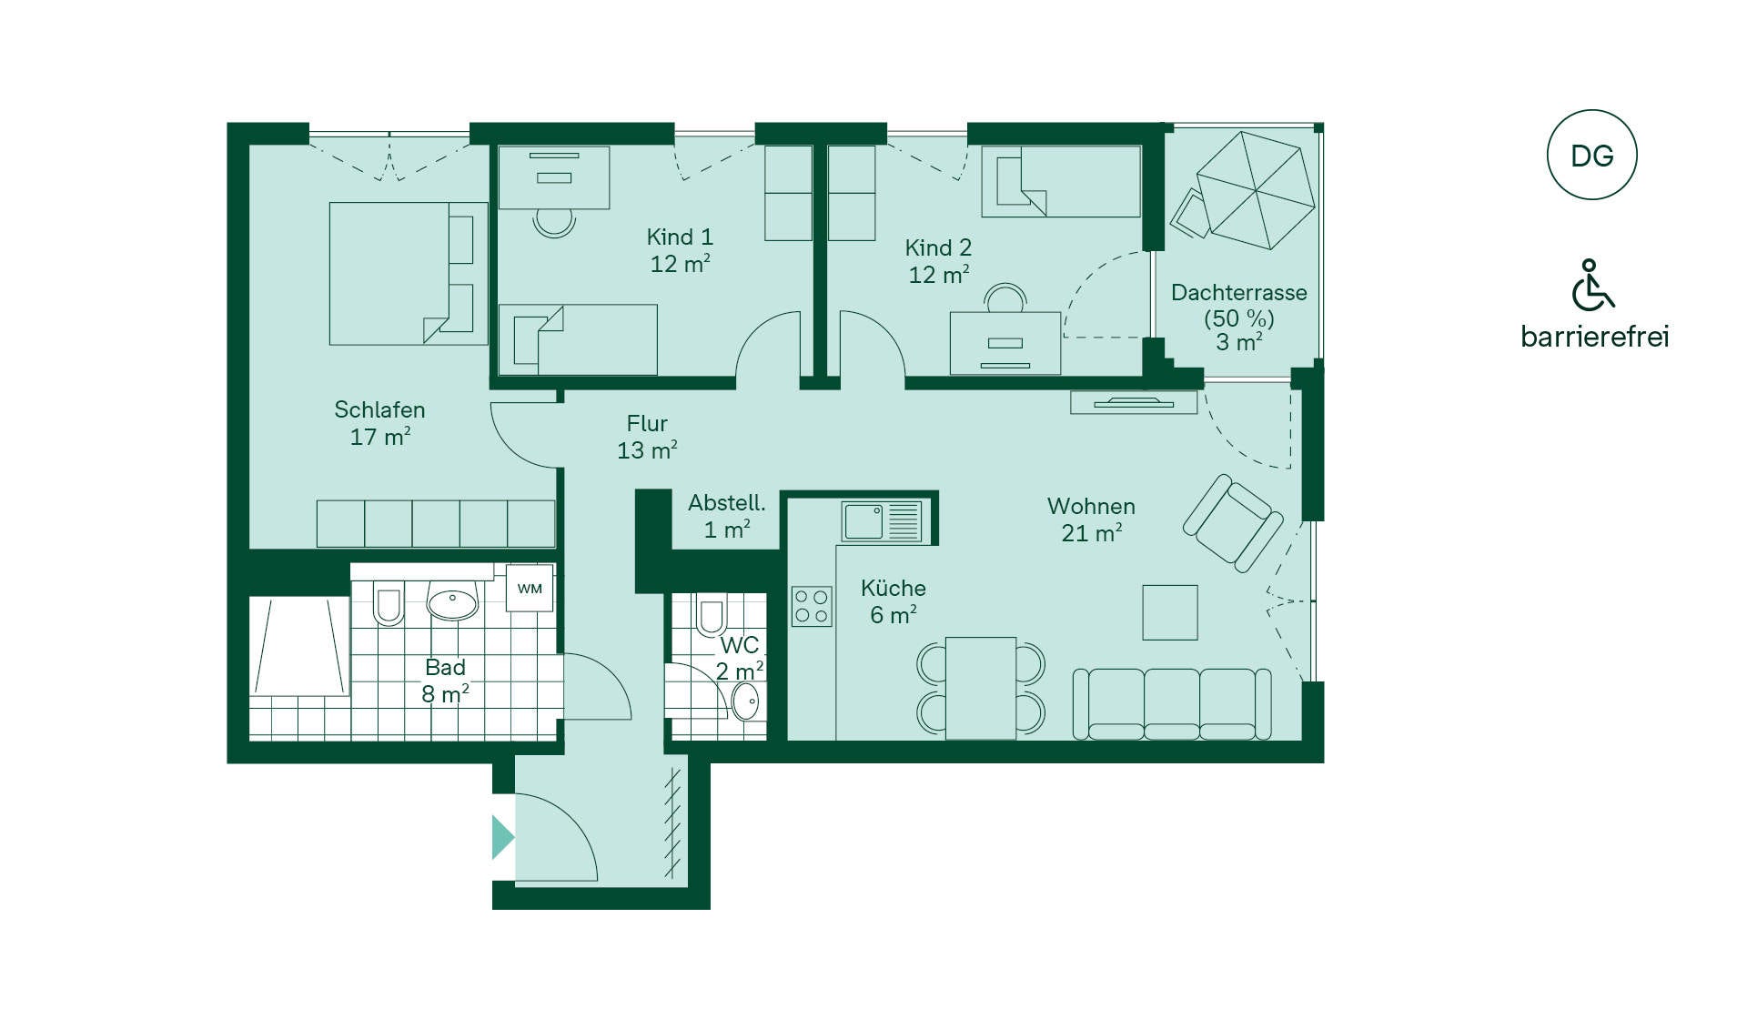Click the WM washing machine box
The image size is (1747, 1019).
[530, 589]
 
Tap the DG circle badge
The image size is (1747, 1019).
[1591, 156]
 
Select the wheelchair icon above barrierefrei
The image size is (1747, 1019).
[1592, 285]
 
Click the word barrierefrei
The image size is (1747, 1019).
[1594, 337]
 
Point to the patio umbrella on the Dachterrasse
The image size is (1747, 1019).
[1256, 190]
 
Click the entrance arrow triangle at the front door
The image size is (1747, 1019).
[503, 837]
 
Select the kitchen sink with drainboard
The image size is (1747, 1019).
[882, 521]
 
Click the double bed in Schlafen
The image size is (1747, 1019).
[408, 273]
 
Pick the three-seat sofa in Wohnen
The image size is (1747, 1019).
[1172, 704]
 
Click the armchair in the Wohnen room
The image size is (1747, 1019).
[1233, 523]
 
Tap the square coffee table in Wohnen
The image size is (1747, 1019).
[1170, 612]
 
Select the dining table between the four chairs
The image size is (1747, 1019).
[981, 689]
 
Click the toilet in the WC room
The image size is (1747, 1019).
[711, 614]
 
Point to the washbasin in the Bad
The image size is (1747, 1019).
[452, 601]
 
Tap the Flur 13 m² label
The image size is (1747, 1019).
[647, 437]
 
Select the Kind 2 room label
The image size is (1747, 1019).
[938, 261]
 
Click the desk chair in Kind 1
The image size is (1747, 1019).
[554, 223]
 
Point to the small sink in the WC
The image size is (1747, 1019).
[745, 701]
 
